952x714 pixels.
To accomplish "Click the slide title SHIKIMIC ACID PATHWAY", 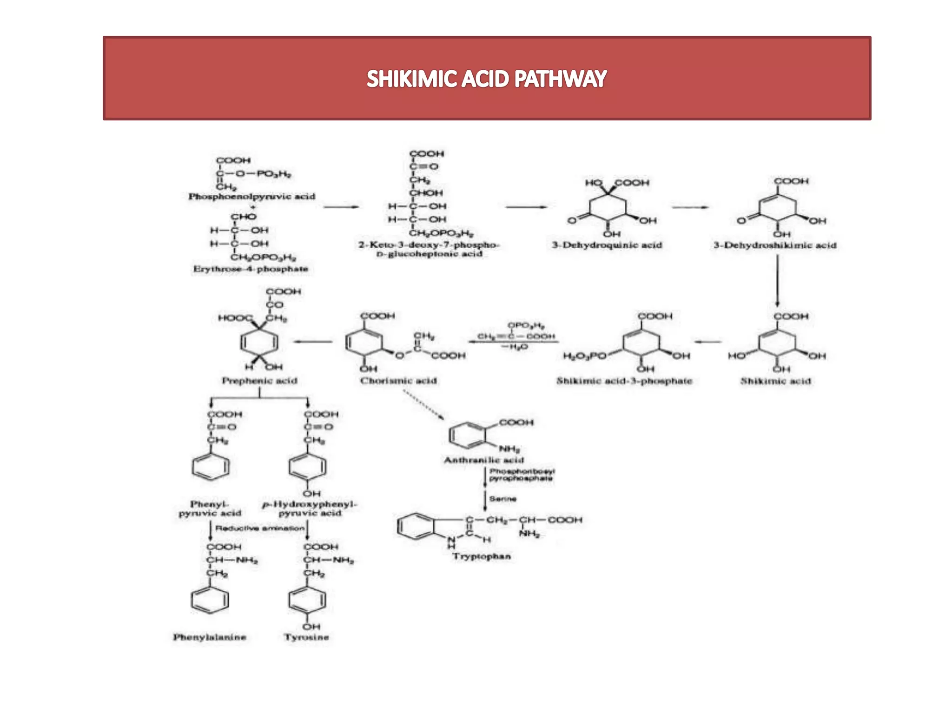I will tap(487, 79).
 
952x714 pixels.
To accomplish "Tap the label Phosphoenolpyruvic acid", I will tap(251, 197).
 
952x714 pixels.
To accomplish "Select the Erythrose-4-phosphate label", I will tap(251, 269).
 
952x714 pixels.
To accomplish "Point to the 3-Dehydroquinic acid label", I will tap(607, 245).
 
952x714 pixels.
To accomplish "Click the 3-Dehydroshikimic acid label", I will tap(775, 245).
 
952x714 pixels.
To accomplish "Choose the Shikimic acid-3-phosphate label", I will tap(624, 381).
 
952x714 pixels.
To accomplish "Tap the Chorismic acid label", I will tap(398, 381).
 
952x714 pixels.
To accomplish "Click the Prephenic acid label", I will tap(259, 381).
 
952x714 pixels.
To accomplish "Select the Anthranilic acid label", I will tap(484, 460).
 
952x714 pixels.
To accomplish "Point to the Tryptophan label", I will tap(482, 556).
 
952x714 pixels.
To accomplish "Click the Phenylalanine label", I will tap(210, 637).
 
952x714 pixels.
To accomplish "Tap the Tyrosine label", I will tap(306, 637).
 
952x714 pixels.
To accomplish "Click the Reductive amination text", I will tap(260, 529).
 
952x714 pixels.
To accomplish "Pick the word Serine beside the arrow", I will tap(502, 499).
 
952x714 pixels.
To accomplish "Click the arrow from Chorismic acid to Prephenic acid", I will tap(313, 342).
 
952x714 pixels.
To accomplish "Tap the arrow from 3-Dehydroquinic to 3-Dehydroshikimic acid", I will tap(690, 207).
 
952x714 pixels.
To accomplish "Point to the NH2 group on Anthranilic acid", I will tap(509, 449).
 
